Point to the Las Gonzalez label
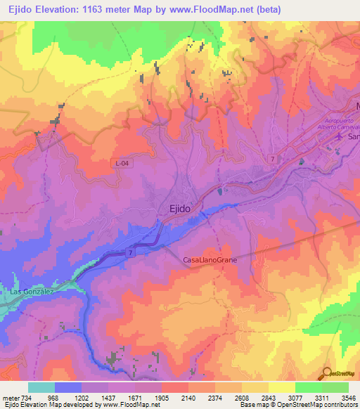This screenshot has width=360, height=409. [30, 291]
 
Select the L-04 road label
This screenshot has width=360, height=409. [123, 164]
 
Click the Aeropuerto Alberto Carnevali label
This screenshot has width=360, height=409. [335, 124]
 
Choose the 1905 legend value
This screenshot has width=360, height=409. [162, 397]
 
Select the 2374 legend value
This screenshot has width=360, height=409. [215, 397]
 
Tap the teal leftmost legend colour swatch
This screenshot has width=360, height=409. [41, 387]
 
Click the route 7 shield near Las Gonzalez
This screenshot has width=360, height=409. [130, 252]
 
